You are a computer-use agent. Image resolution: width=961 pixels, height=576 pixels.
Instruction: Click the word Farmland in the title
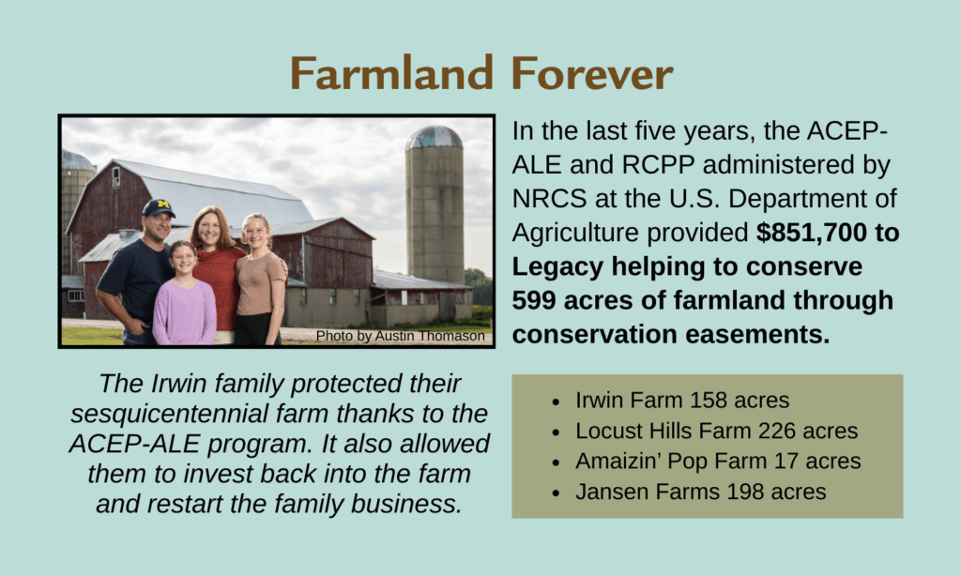(391, 73)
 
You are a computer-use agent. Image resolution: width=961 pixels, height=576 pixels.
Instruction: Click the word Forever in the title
(592, 73)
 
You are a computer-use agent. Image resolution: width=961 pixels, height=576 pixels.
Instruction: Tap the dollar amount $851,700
(811, 233)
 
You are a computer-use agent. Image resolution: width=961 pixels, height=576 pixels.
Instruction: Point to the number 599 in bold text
(533, 300)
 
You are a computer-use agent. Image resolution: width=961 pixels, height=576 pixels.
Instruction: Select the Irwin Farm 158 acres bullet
(682, 401)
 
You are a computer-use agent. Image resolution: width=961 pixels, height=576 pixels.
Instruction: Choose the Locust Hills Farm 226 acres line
(716, 431)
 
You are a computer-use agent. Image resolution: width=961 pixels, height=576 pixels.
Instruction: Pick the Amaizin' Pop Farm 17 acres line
(718, 461)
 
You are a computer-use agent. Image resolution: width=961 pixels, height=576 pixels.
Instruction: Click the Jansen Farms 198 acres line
(700, 492)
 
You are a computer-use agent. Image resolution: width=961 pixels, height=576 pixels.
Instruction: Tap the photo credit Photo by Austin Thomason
(400, 336)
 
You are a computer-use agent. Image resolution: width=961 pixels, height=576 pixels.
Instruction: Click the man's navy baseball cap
(158, 207)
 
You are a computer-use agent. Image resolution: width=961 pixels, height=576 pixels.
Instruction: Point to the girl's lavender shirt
(184, 311)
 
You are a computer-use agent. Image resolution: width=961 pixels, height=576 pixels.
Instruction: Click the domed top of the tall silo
(434, 138)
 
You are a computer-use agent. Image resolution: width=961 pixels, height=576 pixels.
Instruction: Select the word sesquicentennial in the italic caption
(169, 414)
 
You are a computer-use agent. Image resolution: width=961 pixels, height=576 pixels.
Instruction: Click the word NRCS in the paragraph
(549, 199)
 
